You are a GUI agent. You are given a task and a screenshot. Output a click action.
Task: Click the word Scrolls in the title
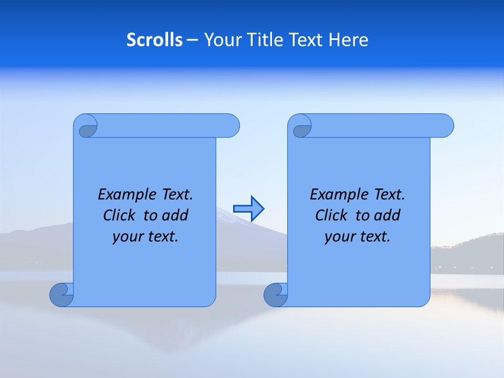pos(154,40)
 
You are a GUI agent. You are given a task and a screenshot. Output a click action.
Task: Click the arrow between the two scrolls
pos(248,208)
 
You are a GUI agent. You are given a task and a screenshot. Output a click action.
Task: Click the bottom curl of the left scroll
pos(61,295)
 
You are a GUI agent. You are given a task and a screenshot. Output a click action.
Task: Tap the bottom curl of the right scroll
pos(276,295)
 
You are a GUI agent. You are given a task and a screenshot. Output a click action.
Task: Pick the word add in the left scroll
pos(175,215)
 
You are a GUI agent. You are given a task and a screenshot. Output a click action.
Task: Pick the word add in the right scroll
pos(387,215)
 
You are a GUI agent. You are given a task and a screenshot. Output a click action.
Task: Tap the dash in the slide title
pos(193,40)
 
